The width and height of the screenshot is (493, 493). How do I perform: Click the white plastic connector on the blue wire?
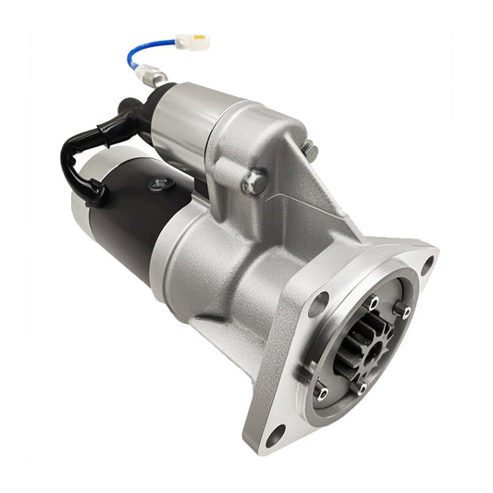(192, 43)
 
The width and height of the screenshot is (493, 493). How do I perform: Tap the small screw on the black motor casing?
(158, 184)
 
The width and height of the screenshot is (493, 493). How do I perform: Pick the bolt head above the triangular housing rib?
(309, 150)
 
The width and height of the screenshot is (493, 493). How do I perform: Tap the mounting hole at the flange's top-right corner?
(426, 264)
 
